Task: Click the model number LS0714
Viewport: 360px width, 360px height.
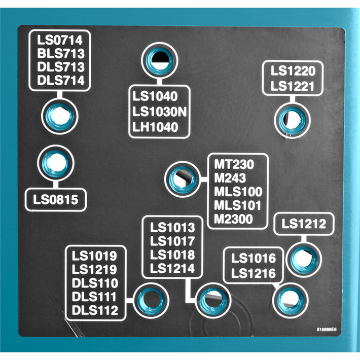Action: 60,40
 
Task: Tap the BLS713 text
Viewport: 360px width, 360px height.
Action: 61,54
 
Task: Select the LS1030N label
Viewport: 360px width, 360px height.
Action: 160,112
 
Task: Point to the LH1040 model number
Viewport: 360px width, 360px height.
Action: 155,127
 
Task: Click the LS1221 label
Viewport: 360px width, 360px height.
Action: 292,86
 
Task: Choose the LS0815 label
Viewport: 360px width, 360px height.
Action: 56,199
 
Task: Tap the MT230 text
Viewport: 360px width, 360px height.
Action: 234,164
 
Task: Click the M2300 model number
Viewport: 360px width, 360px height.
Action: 233,219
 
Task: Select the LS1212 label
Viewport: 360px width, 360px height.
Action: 304,224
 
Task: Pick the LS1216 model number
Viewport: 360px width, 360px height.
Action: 254,273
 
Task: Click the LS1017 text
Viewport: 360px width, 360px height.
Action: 172,241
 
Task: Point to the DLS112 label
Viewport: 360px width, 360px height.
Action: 95,310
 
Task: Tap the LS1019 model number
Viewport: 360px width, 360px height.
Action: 94,256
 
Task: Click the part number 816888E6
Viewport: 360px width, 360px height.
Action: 327,330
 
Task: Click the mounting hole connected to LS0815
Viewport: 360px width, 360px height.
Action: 56,163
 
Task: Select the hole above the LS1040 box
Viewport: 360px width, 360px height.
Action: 160,61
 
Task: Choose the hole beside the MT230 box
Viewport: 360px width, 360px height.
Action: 183,179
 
